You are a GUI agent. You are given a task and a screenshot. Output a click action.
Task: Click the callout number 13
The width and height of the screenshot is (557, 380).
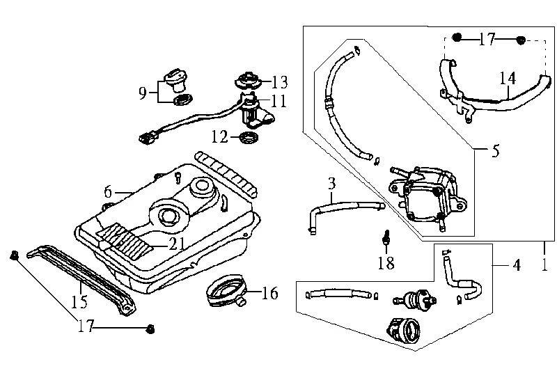click(280, 82)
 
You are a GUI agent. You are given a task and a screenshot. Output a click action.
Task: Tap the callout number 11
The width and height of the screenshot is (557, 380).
click(278, 101)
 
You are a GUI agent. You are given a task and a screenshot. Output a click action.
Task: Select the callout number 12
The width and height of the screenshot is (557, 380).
click(219, 136)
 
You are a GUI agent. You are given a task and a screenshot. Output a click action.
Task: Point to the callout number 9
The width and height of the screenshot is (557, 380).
click(143, 93)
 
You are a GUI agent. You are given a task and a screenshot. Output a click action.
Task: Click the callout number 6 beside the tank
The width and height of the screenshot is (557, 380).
click(108, 192)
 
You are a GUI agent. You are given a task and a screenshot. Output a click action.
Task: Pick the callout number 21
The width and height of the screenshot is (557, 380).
click(177, 244)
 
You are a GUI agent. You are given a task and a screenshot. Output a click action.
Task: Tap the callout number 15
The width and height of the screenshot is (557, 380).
click(79, 302)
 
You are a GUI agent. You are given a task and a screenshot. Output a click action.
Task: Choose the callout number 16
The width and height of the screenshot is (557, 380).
click(269, 293)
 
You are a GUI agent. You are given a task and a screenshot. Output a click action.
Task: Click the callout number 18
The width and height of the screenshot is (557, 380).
click(386, 263)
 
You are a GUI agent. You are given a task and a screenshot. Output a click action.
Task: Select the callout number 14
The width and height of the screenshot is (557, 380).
click(508, 79)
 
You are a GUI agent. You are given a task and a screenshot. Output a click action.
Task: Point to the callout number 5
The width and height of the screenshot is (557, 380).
click(496, 151)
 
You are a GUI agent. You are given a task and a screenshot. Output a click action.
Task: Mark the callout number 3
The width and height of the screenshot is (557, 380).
click(332, 184)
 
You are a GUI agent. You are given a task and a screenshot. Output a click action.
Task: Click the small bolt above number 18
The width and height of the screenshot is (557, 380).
click(386, 237)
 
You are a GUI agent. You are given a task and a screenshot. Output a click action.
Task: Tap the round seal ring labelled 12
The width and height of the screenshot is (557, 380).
click(249, 137)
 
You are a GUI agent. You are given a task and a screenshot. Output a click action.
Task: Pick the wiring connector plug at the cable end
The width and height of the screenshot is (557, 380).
click(148, 138)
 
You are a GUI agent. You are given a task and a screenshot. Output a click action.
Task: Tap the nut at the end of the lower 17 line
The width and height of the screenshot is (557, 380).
click(150, 329)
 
